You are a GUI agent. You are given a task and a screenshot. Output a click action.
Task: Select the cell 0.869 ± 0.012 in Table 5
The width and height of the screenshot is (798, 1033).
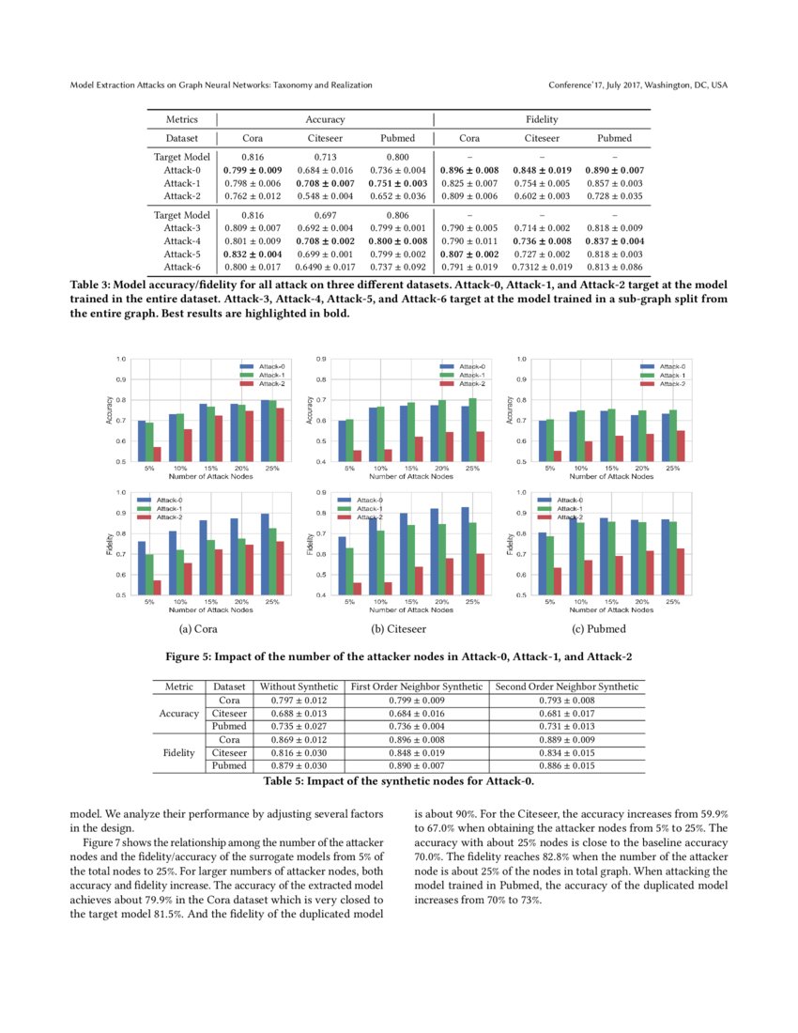pyautogui.click(x=298, y=739)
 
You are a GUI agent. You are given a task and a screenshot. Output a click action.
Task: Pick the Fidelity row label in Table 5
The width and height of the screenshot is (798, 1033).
pyautogui.click(x=178, y=752)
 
